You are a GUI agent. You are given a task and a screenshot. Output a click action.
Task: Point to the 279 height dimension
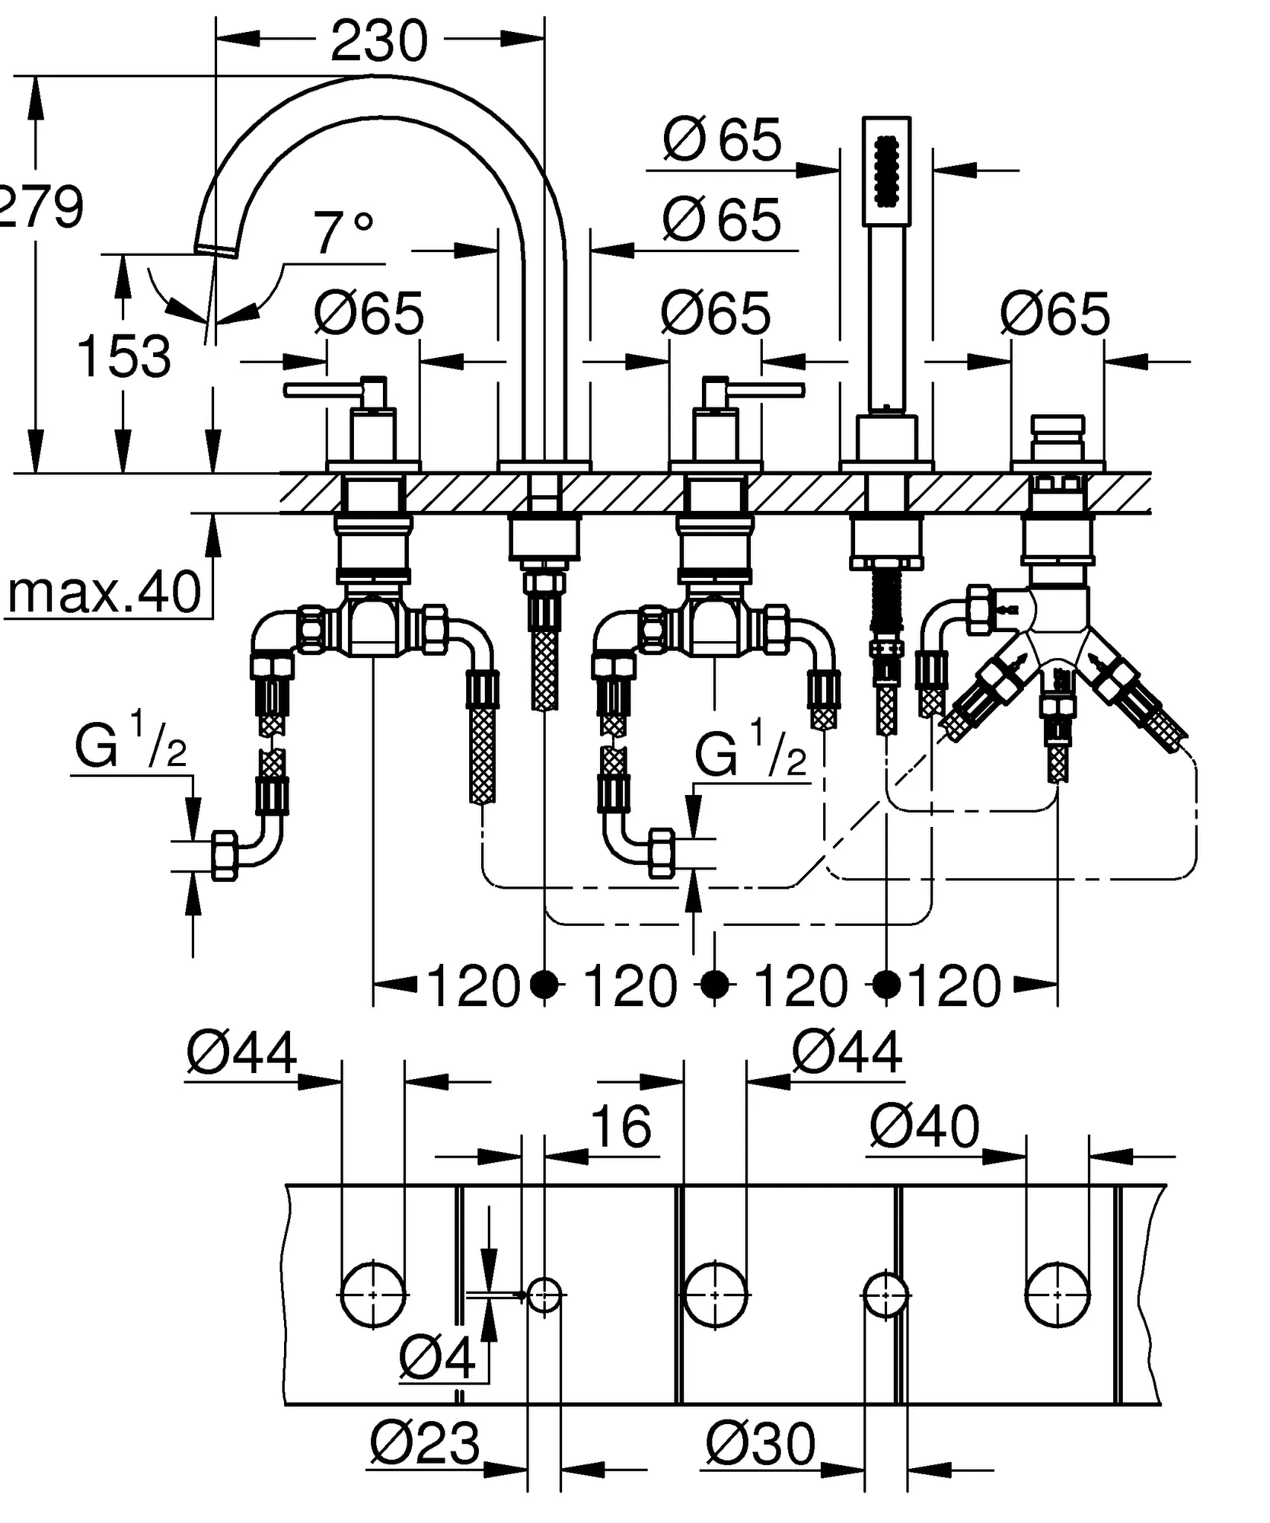coord(41,207)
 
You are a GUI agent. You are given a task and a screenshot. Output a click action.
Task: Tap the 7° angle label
coord(343,234)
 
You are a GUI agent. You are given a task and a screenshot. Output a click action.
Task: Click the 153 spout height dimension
coord(123,357)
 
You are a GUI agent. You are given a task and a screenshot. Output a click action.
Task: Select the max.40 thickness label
coord(104,593)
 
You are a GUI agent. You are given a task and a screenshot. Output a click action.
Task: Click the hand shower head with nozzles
coord(886,171)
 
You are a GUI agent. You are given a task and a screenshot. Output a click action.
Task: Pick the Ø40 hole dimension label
coord(924,1127)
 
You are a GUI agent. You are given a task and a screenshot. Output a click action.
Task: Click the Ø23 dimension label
coord(425,1443)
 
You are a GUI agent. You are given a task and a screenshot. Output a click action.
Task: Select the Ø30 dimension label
coord(760,1443)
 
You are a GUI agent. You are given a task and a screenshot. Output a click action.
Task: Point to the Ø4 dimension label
coord(437,1358)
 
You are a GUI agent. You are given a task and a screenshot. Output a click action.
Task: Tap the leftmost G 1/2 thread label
coord(131,744)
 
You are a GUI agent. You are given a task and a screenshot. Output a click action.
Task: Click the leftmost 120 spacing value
coord(473,987)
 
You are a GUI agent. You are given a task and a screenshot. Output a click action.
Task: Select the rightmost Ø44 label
coord(847,1052)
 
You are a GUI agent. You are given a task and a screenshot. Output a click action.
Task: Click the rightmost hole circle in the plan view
coord(1057,1295)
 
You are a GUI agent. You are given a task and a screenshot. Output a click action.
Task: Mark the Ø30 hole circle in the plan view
coord(886,1295)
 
